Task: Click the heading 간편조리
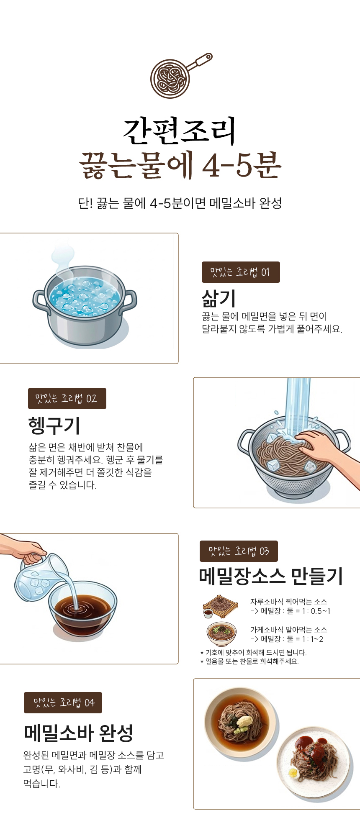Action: pos(180,131)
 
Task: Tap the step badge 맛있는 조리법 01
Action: pos(241,272)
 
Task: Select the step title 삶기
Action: pos(219,298)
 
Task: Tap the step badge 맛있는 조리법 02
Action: pos(67,398)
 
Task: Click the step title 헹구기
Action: pos(54,425)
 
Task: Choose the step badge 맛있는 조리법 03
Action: pos(239,551)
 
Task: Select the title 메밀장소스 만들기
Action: pos(271,577)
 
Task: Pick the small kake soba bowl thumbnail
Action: pos(221,634)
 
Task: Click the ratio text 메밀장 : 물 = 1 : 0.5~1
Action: pos(296,611)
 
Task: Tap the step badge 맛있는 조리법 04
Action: pos(63,702)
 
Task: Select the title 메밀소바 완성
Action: pos(79,733)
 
